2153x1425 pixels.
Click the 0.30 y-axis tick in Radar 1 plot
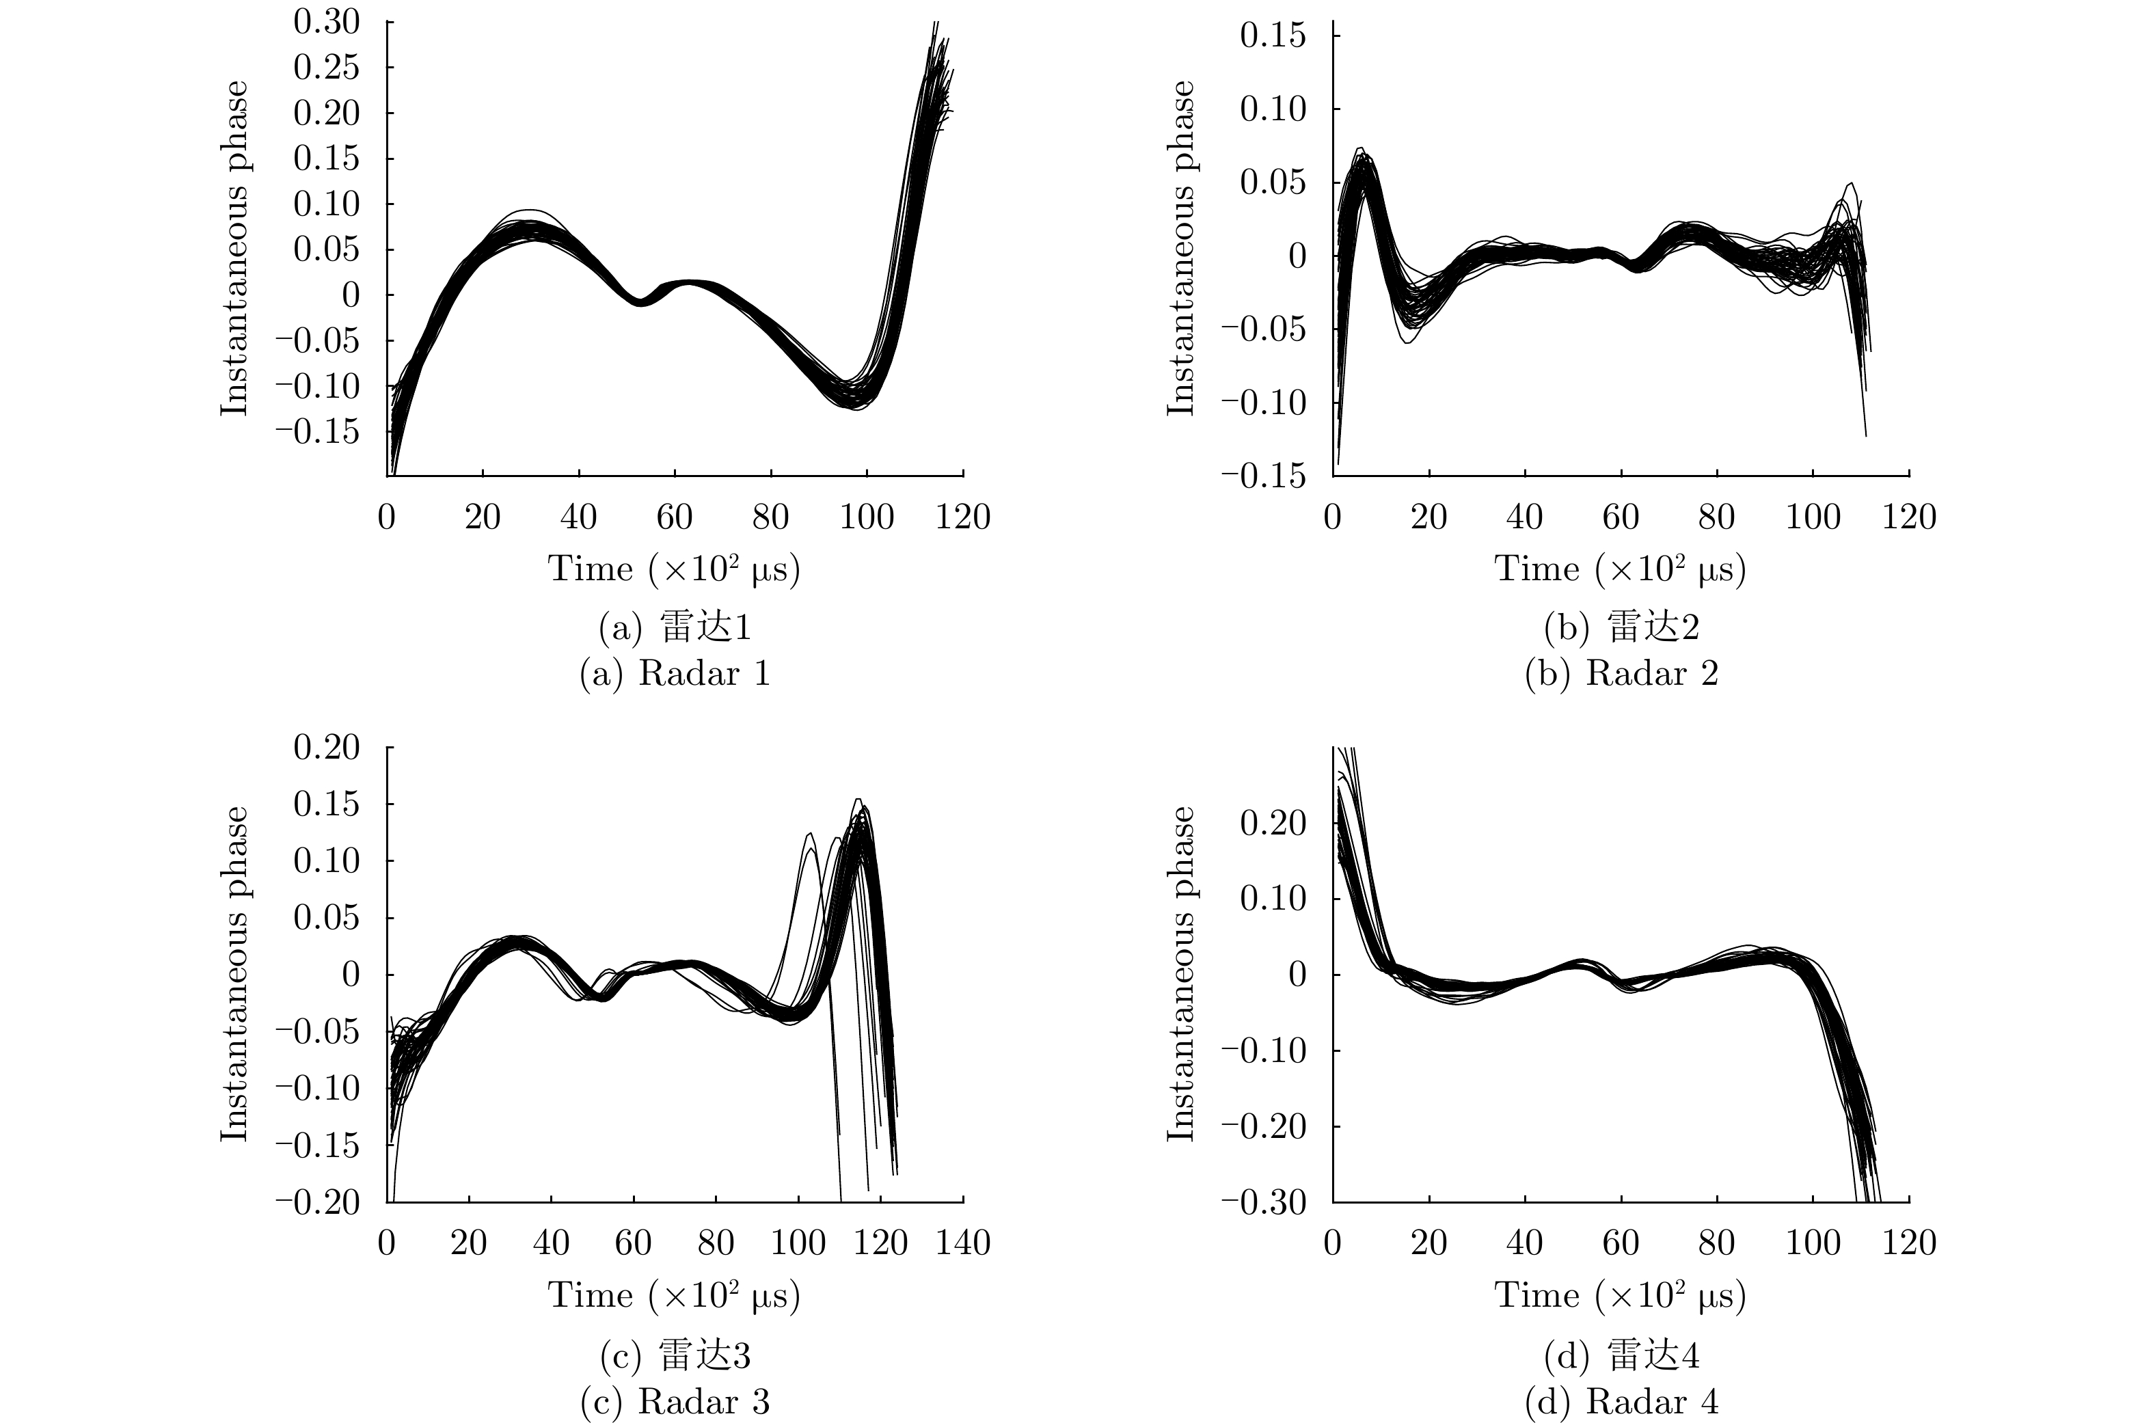326,22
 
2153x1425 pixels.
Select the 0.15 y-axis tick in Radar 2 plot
1273,36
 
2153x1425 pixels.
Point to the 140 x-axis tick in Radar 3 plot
962,1243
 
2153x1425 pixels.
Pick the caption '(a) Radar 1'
675,673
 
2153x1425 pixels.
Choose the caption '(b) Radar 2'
1621,673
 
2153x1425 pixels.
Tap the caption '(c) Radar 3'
675,1401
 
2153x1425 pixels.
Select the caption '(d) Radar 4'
1621,1401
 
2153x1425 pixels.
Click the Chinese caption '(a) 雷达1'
675,627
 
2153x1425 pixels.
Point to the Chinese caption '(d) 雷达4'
1621,1355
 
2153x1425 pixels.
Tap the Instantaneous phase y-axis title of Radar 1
234,248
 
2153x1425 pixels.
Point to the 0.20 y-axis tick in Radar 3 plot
326,747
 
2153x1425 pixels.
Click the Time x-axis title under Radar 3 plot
673,1296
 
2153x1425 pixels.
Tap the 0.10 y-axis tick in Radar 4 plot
1273,899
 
